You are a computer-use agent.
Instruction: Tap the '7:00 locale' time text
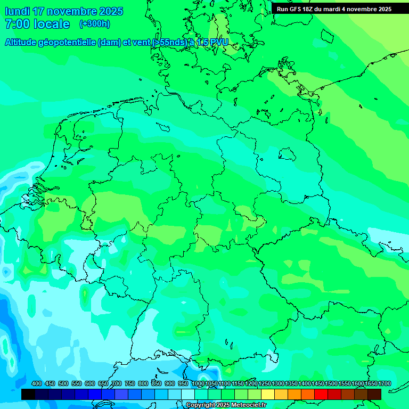[37, 24]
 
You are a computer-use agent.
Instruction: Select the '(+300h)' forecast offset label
[94, 24]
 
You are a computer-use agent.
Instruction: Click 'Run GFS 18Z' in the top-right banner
[296, 9]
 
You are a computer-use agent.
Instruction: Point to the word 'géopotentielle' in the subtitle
[67, 43]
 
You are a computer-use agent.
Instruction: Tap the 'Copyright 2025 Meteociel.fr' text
[226, 405]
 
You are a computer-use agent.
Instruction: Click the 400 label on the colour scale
[37, 383]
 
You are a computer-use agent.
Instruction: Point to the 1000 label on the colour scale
[198, 383]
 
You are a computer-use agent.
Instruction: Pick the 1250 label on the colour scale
[264, 383]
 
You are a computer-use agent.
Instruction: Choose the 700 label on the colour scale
[117, 383]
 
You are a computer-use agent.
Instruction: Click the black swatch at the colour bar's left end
[28, 394]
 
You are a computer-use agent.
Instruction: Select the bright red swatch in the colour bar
[321, 394]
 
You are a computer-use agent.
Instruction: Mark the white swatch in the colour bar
[188, 394]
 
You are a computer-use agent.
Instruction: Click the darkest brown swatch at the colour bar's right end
[374, 394]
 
